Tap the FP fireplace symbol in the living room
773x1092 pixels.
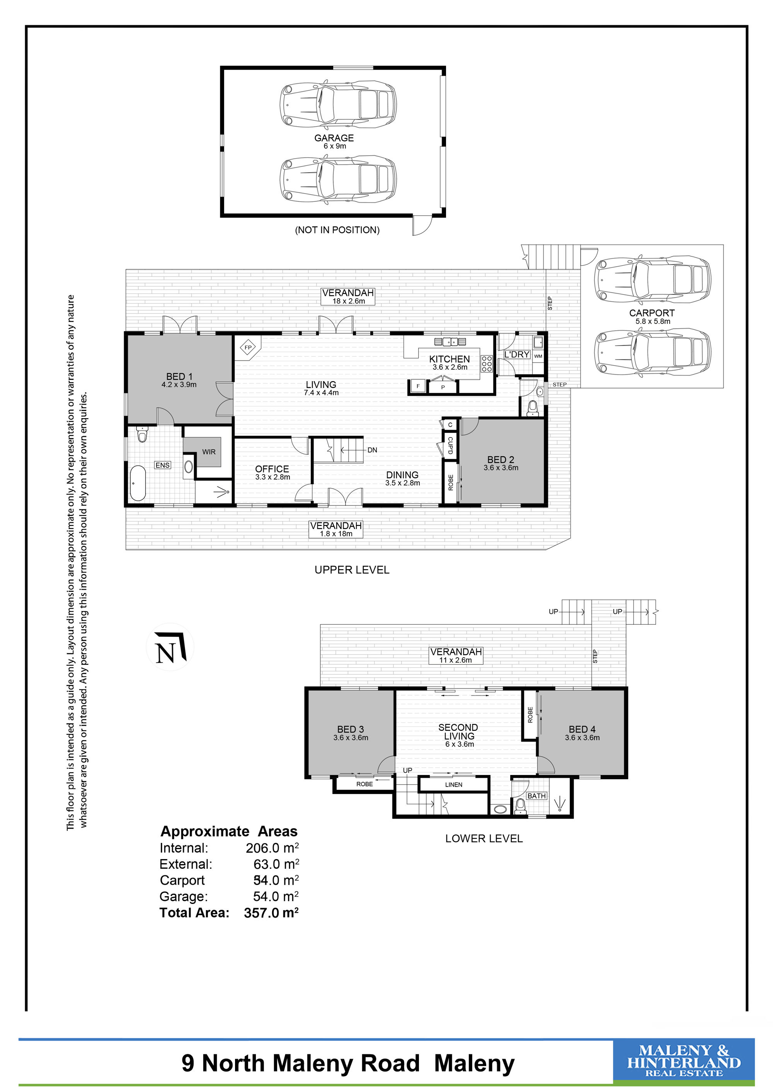[248, 348]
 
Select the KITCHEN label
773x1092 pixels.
[449, 359]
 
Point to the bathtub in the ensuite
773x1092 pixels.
[138, 483]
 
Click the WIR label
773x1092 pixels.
[209, 452]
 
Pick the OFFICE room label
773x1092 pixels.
[272, 469]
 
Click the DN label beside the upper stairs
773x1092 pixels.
[372, 450]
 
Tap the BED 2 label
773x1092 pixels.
[501, 460]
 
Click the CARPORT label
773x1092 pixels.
[652, 313]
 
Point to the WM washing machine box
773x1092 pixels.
[538, 356]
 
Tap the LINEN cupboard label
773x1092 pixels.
[454, 785]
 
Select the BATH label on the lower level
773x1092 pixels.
[536, 796]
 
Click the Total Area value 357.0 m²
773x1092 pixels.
[271, 913]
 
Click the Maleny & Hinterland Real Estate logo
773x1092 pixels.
[683, 1064]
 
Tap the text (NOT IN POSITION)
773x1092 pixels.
[337, 230]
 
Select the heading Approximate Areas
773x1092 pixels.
[229, 831]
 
